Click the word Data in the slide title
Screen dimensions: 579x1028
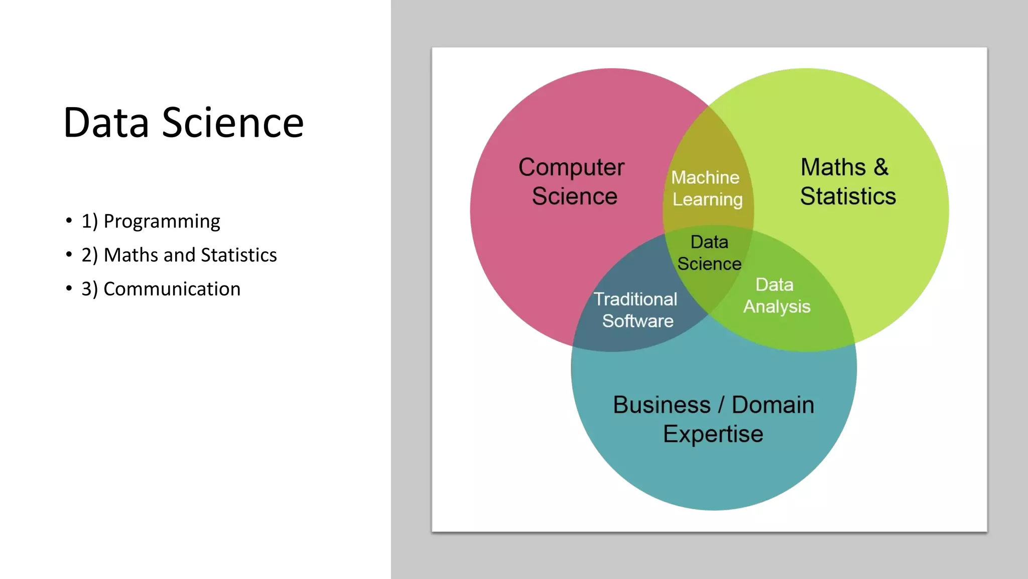tap(106, 123)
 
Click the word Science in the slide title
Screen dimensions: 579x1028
tap(232, 123)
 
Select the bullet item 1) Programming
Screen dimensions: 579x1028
tap(151, 221)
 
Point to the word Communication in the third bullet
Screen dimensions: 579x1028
tap(172, 289)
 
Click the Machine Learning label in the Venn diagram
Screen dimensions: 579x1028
tap(707, 188)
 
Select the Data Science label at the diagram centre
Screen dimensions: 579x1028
tap(709, 253)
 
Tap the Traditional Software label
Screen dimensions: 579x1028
tap(636, 310)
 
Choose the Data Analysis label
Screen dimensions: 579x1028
tap(776, 296)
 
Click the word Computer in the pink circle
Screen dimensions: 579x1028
tap(571, 167)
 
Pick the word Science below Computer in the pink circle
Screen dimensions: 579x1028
tap(574, 196)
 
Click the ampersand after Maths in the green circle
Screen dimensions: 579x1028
tap(881, 167)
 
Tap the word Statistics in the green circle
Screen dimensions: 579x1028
tap(848, 196)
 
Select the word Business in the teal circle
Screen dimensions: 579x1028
tap(662, 405)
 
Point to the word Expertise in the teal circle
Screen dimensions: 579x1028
tap(713, 434)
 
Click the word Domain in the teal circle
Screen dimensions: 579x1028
tap(773, 405)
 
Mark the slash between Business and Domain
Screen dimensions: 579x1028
tap(721, 405)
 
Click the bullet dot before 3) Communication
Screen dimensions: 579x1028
tap(69, 288)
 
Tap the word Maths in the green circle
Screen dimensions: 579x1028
tap(833, 167)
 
